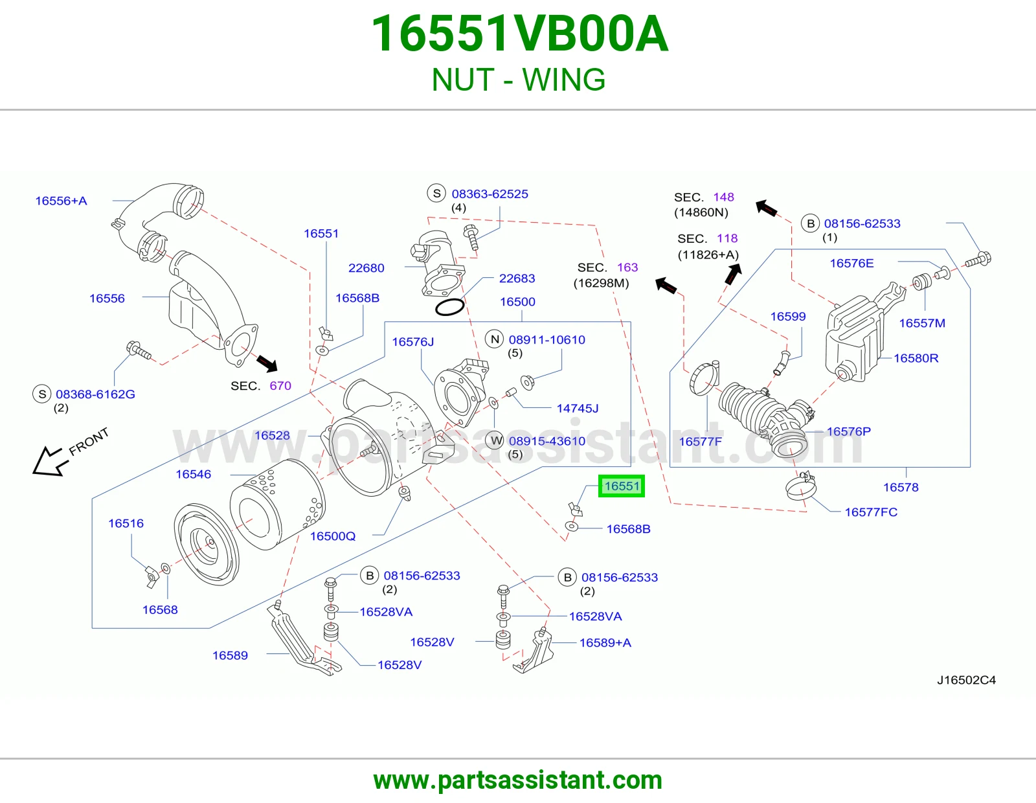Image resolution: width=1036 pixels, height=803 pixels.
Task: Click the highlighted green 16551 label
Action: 622,486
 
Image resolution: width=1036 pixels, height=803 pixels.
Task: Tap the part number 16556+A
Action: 61,201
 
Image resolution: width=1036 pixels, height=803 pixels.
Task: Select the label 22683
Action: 517,278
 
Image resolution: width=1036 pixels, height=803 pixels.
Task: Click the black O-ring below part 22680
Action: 449,308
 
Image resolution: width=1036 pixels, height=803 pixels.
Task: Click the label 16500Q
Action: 333,536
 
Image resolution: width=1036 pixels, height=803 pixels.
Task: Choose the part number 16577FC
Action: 871,512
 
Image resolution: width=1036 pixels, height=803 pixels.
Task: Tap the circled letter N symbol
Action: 495,339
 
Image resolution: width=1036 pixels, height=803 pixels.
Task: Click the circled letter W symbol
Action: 496,440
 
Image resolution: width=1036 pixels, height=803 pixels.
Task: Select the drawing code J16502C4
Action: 966,680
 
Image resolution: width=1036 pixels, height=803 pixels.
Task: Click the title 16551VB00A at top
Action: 519,34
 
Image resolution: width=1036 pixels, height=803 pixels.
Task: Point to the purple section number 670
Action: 280,385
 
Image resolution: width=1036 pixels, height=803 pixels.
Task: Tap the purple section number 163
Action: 627,267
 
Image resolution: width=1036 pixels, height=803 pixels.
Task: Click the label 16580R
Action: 916,358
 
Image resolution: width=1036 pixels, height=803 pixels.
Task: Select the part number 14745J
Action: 578,408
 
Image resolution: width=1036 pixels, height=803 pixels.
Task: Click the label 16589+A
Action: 605,643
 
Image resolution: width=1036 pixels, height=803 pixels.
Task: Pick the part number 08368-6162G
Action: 95,394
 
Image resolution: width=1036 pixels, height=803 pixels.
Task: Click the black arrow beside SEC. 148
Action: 767,208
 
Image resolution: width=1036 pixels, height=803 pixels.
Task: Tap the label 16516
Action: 126,523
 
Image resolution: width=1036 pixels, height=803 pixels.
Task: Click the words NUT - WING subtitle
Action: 519,80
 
